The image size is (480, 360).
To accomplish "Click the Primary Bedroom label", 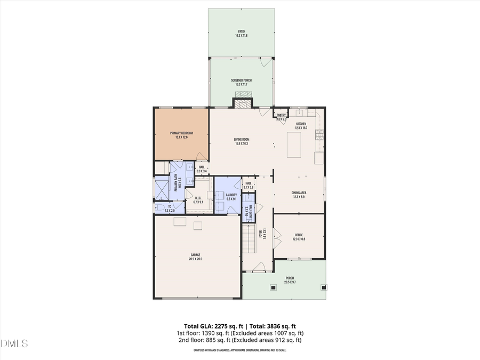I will pyautogui.click(x=181, y=133).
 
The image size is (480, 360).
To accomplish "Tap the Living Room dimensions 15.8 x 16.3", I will pyautogui.click(x=242, y=143).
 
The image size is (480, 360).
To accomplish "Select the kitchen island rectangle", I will pyautogui.click(x=294, y=145).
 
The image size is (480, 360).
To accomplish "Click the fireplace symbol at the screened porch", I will pyautogui.click(x=242, y=103).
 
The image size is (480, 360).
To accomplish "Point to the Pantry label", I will pyautogui.click(x=282, y=115).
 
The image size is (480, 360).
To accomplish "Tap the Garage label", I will pyautogui.click(x=196, y=255).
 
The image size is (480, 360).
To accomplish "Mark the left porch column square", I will pyautogui.click(x=274, y=287).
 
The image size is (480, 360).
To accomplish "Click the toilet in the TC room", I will pyautogui.click(x=160, y=208).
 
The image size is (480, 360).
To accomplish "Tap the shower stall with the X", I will pyautogui.click(x=161, y=189).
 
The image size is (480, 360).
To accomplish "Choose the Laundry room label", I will pyautogui.click(x=231, y=195).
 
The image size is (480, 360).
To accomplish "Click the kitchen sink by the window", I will pyautogui.click(x=299, y=114).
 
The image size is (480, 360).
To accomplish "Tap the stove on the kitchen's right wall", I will pyautogui.click(x=319, y=134).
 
